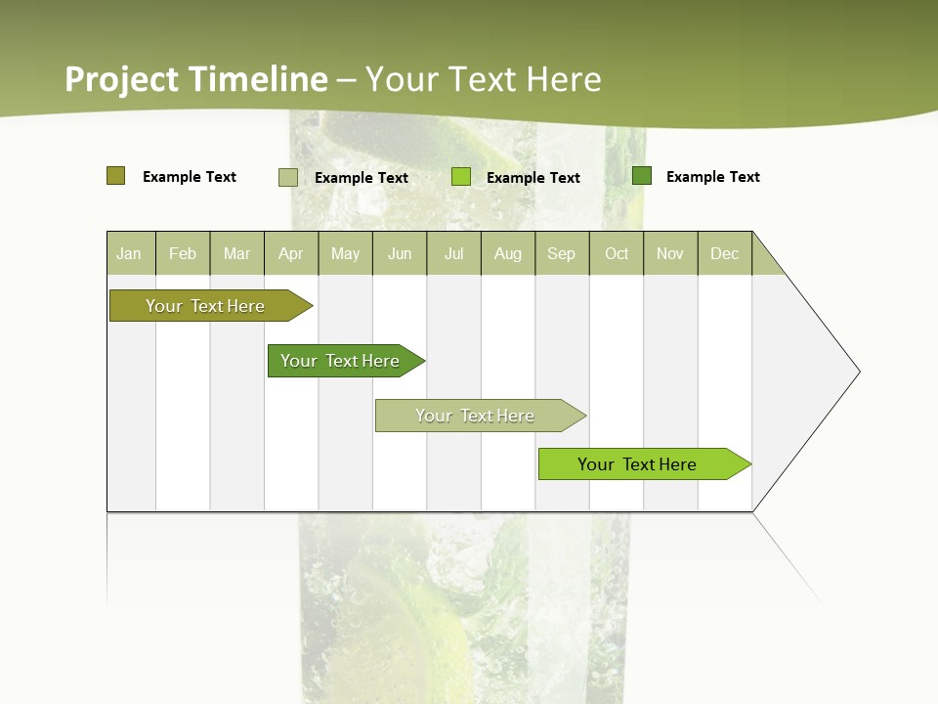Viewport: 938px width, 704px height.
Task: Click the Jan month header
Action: [129, 253]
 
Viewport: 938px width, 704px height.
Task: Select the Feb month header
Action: [183, 253]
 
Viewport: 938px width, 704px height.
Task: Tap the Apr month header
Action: [290, 253]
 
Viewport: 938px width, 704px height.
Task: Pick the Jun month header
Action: [400, 253]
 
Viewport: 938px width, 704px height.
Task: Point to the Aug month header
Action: [507, 253]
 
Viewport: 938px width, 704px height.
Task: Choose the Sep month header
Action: [561, 253]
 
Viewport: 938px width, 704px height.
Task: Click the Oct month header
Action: [617, 253]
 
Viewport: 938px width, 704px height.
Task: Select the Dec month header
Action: [724, 253]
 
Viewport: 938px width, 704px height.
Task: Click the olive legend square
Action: [115, 176]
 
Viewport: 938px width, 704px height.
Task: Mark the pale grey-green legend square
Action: [288, 177]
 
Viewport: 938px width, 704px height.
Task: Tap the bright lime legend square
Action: [461, 177]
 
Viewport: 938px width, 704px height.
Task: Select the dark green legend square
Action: [642, 176]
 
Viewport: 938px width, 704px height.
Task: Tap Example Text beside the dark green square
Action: [712, 176]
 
